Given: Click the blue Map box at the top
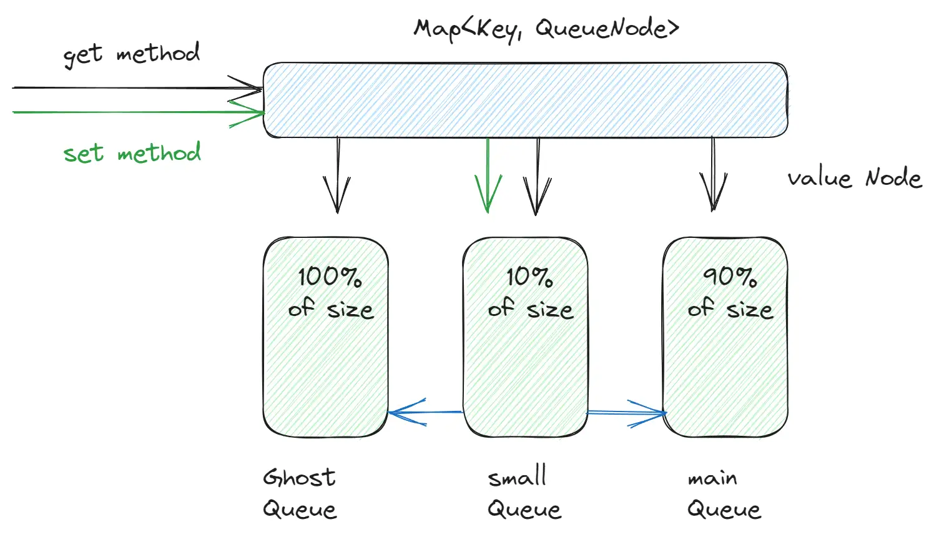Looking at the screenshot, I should (524, 100).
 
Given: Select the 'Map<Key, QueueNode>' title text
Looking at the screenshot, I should (546, 29).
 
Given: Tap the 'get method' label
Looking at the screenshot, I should (132, 54).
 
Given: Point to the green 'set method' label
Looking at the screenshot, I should (132, 153).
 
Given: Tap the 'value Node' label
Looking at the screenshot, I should (854, 179).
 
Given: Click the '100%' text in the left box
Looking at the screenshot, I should (330, 277).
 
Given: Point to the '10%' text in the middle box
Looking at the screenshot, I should (529, 277).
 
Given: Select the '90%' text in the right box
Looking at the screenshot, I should (729, 276).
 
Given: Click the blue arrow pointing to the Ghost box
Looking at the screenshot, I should (425, 412).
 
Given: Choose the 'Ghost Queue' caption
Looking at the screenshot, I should (300, 493).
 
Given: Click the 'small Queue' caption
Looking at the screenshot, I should (523, 493).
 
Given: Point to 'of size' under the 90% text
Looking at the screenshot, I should (730, 309).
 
